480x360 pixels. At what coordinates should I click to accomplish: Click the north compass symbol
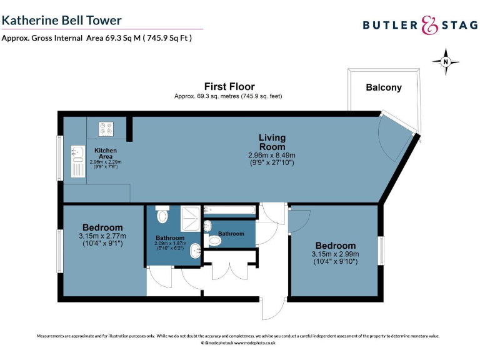445,61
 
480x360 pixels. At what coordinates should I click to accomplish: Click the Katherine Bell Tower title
61,21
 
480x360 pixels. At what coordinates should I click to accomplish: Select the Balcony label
383,87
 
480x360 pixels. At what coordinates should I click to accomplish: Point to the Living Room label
272,141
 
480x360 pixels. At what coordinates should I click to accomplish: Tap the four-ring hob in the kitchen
105,129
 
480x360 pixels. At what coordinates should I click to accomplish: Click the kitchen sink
78,152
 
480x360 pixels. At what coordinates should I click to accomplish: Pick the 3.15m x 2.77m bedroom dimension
102,236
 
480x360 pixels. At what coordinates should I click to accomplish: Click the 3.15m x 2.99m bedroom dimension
335,254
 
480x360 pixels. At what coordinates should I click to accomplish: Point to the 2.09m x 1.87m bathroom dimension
170,244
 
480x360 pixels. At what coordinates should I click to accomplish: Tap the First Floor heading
229,86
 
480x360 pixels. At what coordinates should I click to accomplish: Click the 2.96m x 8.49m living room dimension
272,155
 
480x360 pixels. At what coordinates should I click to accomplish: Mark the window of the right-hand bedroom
381,251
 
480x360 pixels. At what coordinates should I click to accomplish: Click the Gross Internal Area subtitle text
96,37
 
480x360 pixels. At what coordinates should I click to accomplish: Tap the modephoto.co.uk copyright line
238,343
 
